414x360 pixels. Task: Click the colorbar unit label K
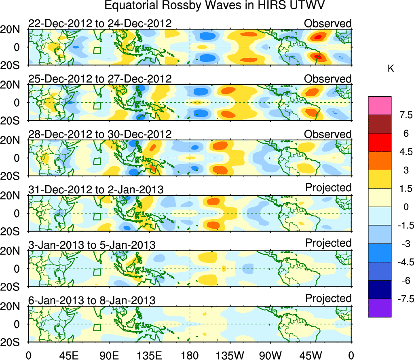tap(391, 69)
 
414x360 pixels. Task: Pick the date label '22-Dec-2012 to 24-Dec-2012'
tap(100, 24)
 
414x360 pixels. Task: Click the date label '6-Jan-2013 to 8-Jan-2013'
tap(92, 301)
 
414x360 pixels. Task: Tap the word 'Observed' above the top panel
tap(328, 23)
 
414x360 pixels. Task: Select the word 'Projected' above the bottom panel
tap(328, 299)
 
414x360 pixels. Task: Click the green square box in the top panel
tap(97, 51)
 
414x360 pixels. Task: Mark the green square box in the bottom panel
tap(97, 327)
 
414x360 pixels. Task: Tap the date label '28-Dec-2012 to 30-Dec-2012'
tap(100, 134)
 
